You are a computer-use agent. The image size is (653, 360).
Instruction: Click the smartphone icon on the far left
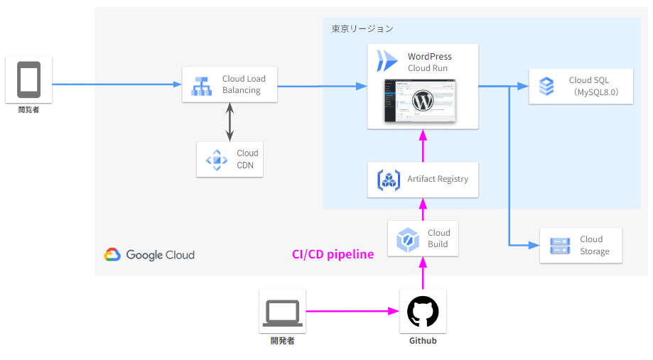tap(28, 79)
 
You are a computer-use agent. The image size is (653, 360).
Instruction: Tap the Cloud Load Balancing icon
tap(202, 85)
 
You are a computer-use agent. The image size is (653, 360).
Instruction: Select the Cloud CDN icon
tap(216, 159)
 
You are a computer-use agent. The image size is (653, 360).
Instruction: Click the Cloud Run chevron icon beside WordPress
tap(388, 62)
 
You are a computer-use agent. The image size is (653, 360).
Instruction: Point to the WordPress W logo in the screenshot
tap(422, 100)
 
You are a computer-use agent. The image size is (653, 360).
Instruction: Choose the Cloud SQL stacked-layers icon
tap(546, 86)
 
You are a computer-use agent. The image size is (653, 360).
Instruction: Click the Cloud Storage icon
tap(559, 246)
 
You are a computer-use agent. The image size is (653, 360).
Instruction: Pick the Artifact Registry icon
tap(388, 180)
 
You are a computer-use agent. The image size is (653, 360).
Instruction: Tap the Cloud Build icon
tap(407, 239)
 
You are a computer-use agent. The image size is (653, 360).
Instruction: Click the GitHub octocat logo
tap(423, 311)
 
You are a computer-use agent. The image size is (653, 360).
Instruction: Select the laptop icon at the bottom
tap(282, 312)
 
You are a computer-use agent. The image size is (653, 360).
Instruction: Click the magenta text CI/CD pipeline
tap(333, 254)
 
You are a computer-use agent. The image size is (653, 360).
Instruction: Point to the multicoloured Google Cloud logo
tap(112, 255)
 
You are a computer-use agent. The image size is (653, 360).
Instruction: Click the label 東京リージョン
tap(362, 29)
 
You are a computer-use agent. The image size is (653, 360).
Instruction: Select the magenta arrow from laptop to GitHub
tap(352, 311)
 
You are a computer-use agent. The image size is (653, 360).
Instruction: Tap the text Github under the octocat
tap(423, 341)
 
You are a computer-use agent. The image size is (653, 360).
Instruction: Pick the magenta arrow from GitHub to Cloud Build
tap(423, 273)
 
